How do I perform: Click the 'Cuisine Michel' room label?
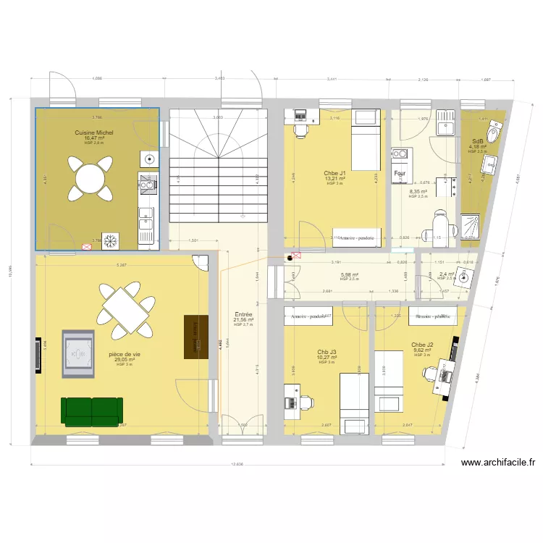point(94,133)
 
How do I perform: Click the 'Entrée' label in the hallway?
point(243,315)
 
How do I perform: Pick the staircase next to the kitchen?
point(217,167)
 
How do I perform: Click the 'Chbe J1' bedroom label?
point(334,174)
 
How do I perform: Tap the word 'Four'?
point(400,174)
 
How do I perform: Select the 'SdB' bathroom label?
point(478,142)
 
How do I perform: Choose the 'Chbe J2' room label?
point(422,345)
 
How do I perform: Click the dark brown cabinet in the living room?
point(193,336)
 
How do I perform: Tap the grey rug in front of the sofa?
point(78,354)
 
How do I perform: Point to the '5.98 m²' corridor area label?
point(349,275)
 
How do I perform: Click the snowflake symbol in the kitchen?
point(111,240)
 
